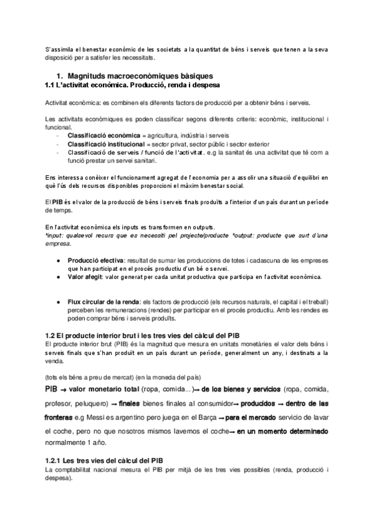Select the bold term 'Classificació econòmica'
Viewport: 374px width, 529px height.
click(x=103, y=135)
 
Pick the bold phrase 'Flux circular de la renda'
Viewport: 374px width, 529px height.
click(x=104, y=301)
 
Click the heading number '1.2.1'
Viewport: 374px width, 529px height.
click(x=57, y=460)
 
